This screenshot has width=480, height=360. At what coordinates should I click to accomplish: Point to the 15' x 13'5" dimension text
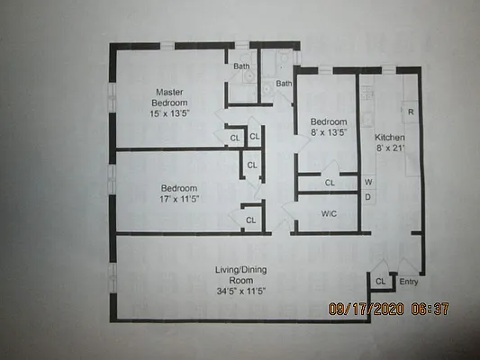(169, 114)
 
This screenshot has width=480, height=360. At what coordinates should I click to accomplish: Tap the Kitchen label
(390, 137)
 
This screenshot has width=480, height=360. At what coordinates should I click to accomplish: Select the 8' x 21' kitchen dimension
(390, 148)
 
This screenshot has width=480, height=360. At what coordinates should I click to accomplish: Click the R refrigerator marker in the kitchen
(411, 112)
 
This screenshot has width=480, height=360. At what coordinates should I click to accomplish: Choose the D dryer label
(368, 196)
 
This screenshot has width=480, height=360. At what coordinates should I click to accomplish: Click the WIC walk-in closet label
(329, 214)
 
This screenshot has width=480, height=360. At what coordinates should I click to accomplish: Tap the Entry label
(408, 282)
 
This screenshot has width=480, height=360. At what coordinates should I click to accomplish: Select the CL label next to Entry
(381, 282)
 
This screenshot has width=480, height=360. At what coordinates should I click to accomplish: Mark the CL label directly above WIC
(330, 183)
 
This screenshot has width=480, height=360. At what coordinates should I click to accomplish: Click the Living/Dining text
(240, 270)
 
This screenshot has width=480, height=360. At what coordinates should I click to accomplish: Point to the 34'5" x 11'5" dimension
(240, 291)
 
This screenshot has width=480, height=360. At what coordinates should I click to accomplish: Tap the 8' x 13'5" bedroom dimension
(329, 133)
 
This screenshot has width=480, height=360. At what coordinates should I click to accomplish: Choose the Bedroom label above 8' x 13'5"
(329, 121)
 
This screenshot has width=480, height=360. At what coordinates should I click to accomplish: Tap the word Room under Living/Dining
(240, 280)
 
